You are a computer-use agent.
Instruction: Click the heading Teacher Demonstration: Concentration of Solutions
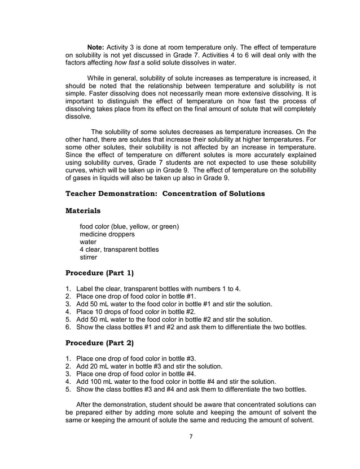coord(165,194)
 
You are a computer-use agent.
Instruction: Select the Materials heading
coord(84,211)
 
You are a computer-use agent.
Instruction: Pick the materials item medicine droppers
coord(107,234)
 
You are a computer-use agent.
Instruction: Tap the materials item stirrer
coord(89,257)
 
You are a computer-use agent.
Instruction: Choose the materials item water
coord(88,242)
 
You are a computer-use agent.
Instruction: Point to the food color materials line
coord(129,227)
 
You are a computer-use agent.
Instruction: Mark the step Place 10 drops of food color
coord(135,311)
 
